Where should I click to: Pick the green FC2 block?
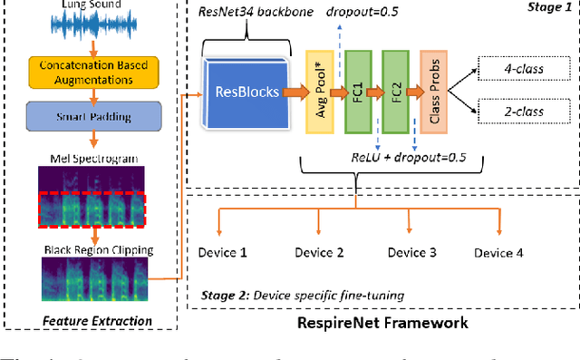(395, 92)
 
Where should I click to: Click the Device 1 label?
(222, 252)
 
